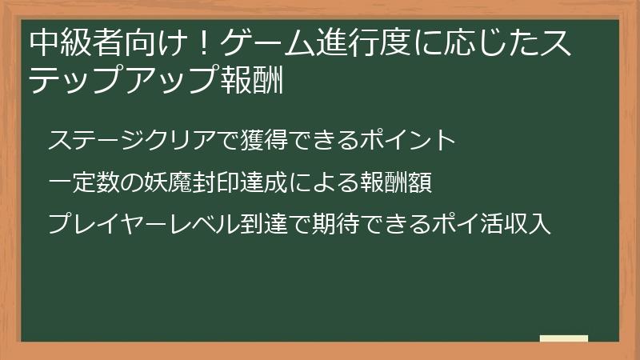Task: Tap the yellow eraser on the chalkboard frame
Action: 564,339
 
